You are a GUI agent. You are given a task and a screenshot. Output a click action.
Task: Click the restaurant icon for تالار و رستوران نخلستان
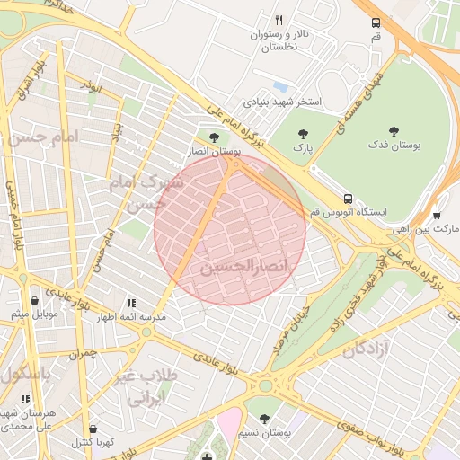[x=279, y=20]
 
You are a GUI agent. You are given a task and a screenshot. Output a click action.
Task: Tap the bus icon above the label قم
[x=375, y=23]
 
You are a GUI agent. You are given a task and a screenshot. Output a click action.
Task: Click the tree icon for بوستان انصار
[x=212, y=137]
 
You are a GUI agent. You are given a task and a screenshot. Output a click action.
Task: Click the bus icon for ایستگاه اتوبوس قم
[x=347, y=198]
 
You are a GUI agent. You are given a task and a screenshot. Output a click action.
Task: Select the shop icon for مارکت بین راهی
[x=437, y=215]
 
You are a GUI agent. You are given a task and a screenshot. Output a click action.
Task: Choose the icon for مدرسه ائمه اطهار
[x=132, y=304]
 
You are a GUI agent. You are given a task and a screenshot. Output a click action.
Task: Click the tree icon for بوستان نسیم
[x=264, y=418]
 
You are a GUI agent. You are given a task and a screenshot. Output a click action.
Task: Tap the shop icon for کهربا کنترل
[x=94, y=429]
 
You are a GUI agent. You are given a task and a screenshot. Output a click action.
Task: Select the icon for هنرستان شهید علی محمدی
[x=25, y=399]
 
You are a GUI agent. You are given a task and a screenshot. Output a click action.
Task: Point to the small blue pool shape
[x=281, y=87]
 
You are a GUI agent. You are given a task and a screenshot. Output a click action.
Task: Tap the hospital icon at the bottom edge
[x=208, y=454]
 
